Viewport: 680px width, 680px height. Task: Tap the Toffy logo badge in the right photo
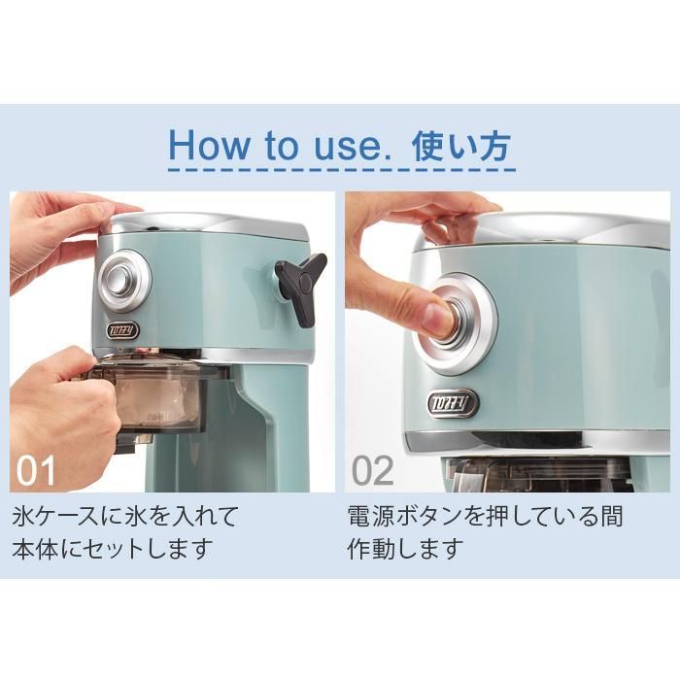click(452, 401)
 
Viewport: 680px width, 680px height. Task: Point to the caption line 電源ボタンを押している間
click(485, 515)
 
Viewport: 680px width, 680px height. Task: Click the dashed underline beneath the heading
click(340, 170)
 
